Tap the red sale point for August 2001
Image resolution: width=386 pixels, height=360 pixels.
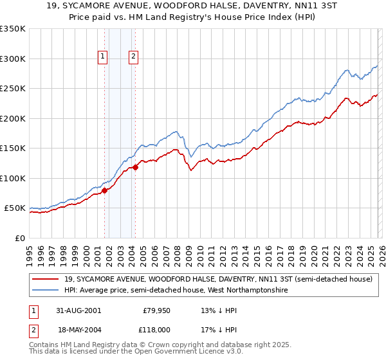104,190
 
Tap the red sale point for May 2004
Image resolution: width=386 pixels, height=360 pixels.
135,167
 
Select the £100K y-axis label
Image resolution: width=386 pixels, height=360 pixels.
13,178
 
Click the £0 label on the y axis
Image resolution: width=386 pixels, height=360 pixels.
19,238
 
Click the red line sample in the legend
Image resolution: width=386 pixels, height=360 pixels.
46,279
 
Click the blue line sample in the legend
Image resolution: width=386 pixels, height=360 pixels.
46,291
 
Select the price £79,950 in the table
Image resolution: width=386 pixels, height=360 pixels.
156,310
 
